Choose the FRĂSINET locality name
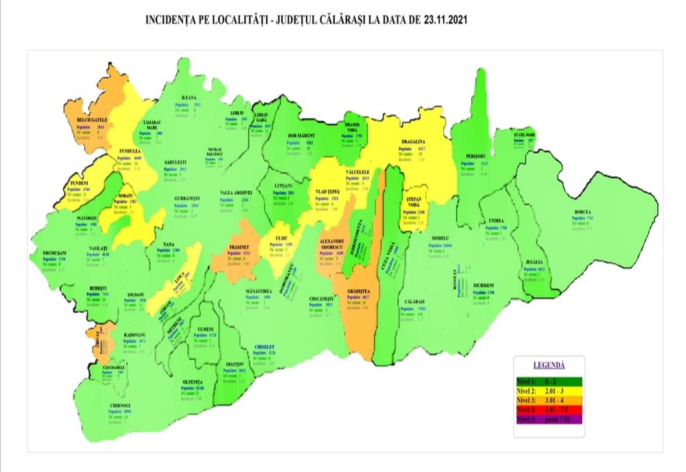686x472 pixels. (235, 246)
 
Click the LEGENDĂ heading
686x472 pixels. (549, 365)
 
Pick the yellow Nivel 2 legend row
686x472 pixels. (549, 389)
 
